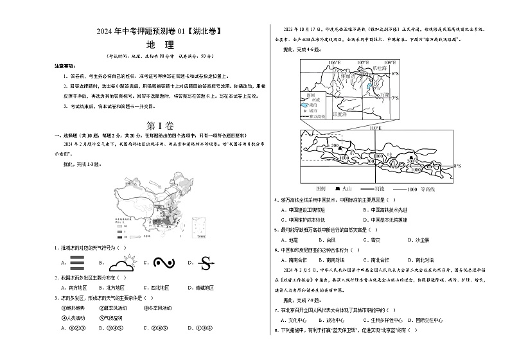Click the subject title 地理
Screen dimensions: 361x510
coord(161,45)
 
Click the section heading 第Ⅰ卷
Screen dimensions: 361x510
coord(160,126)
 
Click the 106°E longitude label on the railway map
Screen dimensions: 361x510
coord(333,62)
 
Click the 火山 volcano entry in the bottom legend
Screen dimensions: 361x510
coord(340,189)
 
